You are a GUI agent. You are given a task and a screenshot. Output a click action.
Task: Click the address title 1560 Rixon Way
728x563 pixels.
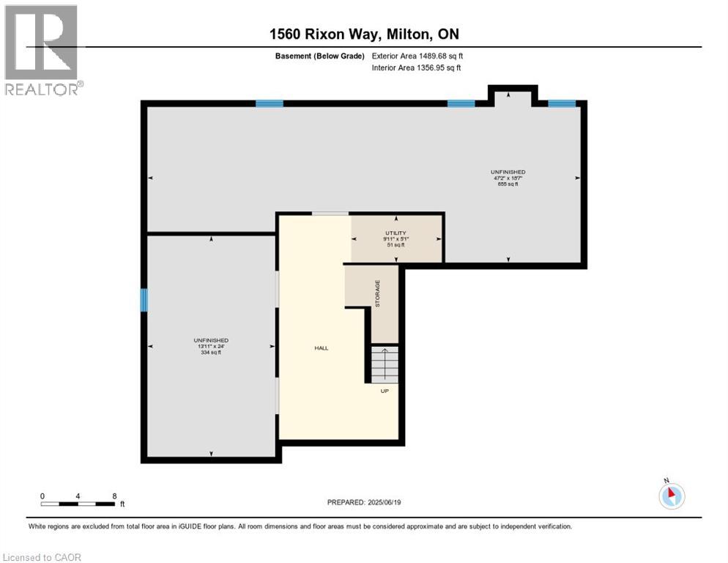point(363,34)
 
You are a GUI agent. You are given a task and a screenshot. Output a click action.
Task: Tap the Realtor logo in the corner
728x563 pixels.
point(42,50)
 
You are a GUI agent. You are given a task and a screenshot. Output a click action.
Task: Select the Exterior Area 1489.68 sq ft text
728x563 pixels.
point(417,56)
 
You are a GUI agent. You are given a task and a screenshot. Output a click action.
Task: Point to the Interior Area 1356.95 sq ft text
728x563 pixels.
point(417,68)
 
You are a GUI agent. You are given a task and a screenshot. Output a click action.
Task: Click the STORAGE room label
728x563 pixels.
point(378,293)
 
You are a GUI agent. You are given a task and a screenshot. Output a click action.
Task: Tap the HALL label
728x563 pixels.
point(321,348)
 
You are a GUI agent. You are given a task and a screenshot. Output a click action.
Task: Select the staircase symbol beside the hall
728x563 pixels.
point(385,364)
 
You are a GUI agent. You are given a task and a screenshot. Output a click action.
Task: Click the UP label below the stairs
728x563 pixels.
point(385,391)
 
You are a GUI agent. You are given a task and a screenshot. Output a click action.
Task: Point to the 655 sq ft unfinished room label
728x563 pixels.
point(508,178)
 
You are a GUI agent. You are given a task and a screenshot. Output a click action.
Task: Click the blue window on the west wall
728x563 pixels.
point(144,299)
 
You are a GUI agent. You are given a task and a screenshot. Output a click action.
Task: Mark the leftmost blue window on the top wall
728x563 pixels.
point(270,103)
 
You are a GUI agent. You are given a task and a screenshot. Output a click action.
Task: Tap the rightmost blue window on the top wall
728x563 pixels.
point(562,103)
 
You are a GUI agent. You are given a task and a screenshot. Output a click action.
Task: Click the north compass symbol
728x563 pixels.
point(671,495)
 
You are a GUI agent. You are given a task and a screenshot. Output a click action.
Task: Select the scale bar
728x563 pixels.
point(78,504)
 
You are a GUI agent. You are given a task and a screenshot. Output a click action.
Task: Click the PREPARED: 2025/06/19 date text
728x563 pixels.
point(364,502)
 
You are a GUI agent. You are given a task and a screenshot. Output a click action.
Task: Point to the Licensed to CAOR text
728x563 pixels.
point(42,557)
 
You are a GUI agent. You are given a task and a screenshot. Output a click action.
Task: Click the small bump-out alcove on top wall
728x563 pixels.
point(513,96)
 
